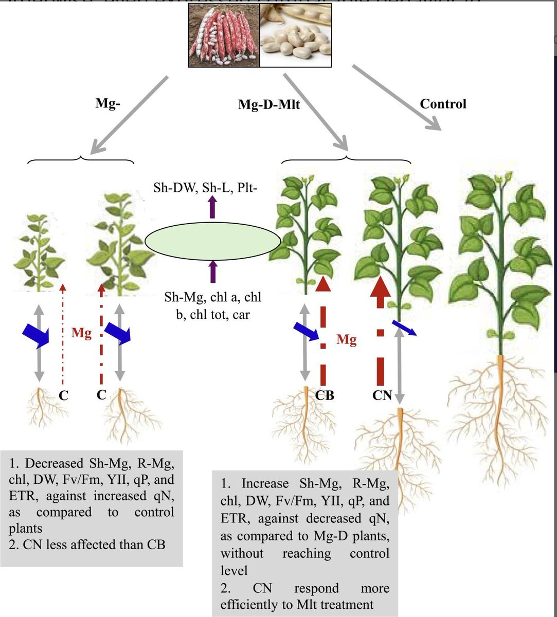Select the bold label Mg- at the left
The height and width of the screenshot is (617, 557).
point(108,103)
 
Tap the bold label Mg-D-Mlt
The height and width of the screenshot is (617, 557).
point(269,105)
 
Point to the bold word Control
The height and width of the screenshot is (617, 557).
point(443,104)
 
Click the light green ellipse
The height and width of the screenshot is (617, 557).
point(212,241)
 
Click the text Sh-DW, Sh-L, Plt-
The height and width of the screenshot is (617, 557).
point(205,188)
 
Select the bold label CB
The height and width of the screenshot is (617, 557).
point(325,395)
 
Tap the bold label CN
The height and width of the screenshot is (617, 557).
point(383,395)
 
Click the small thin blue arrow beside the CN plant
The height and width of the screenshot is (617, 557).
point(404,327)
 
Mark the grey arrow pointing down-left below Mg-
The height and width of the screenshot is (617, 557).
point(129,115)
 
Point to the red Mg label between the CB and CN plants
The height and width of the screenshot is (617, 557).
point(346,339)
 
